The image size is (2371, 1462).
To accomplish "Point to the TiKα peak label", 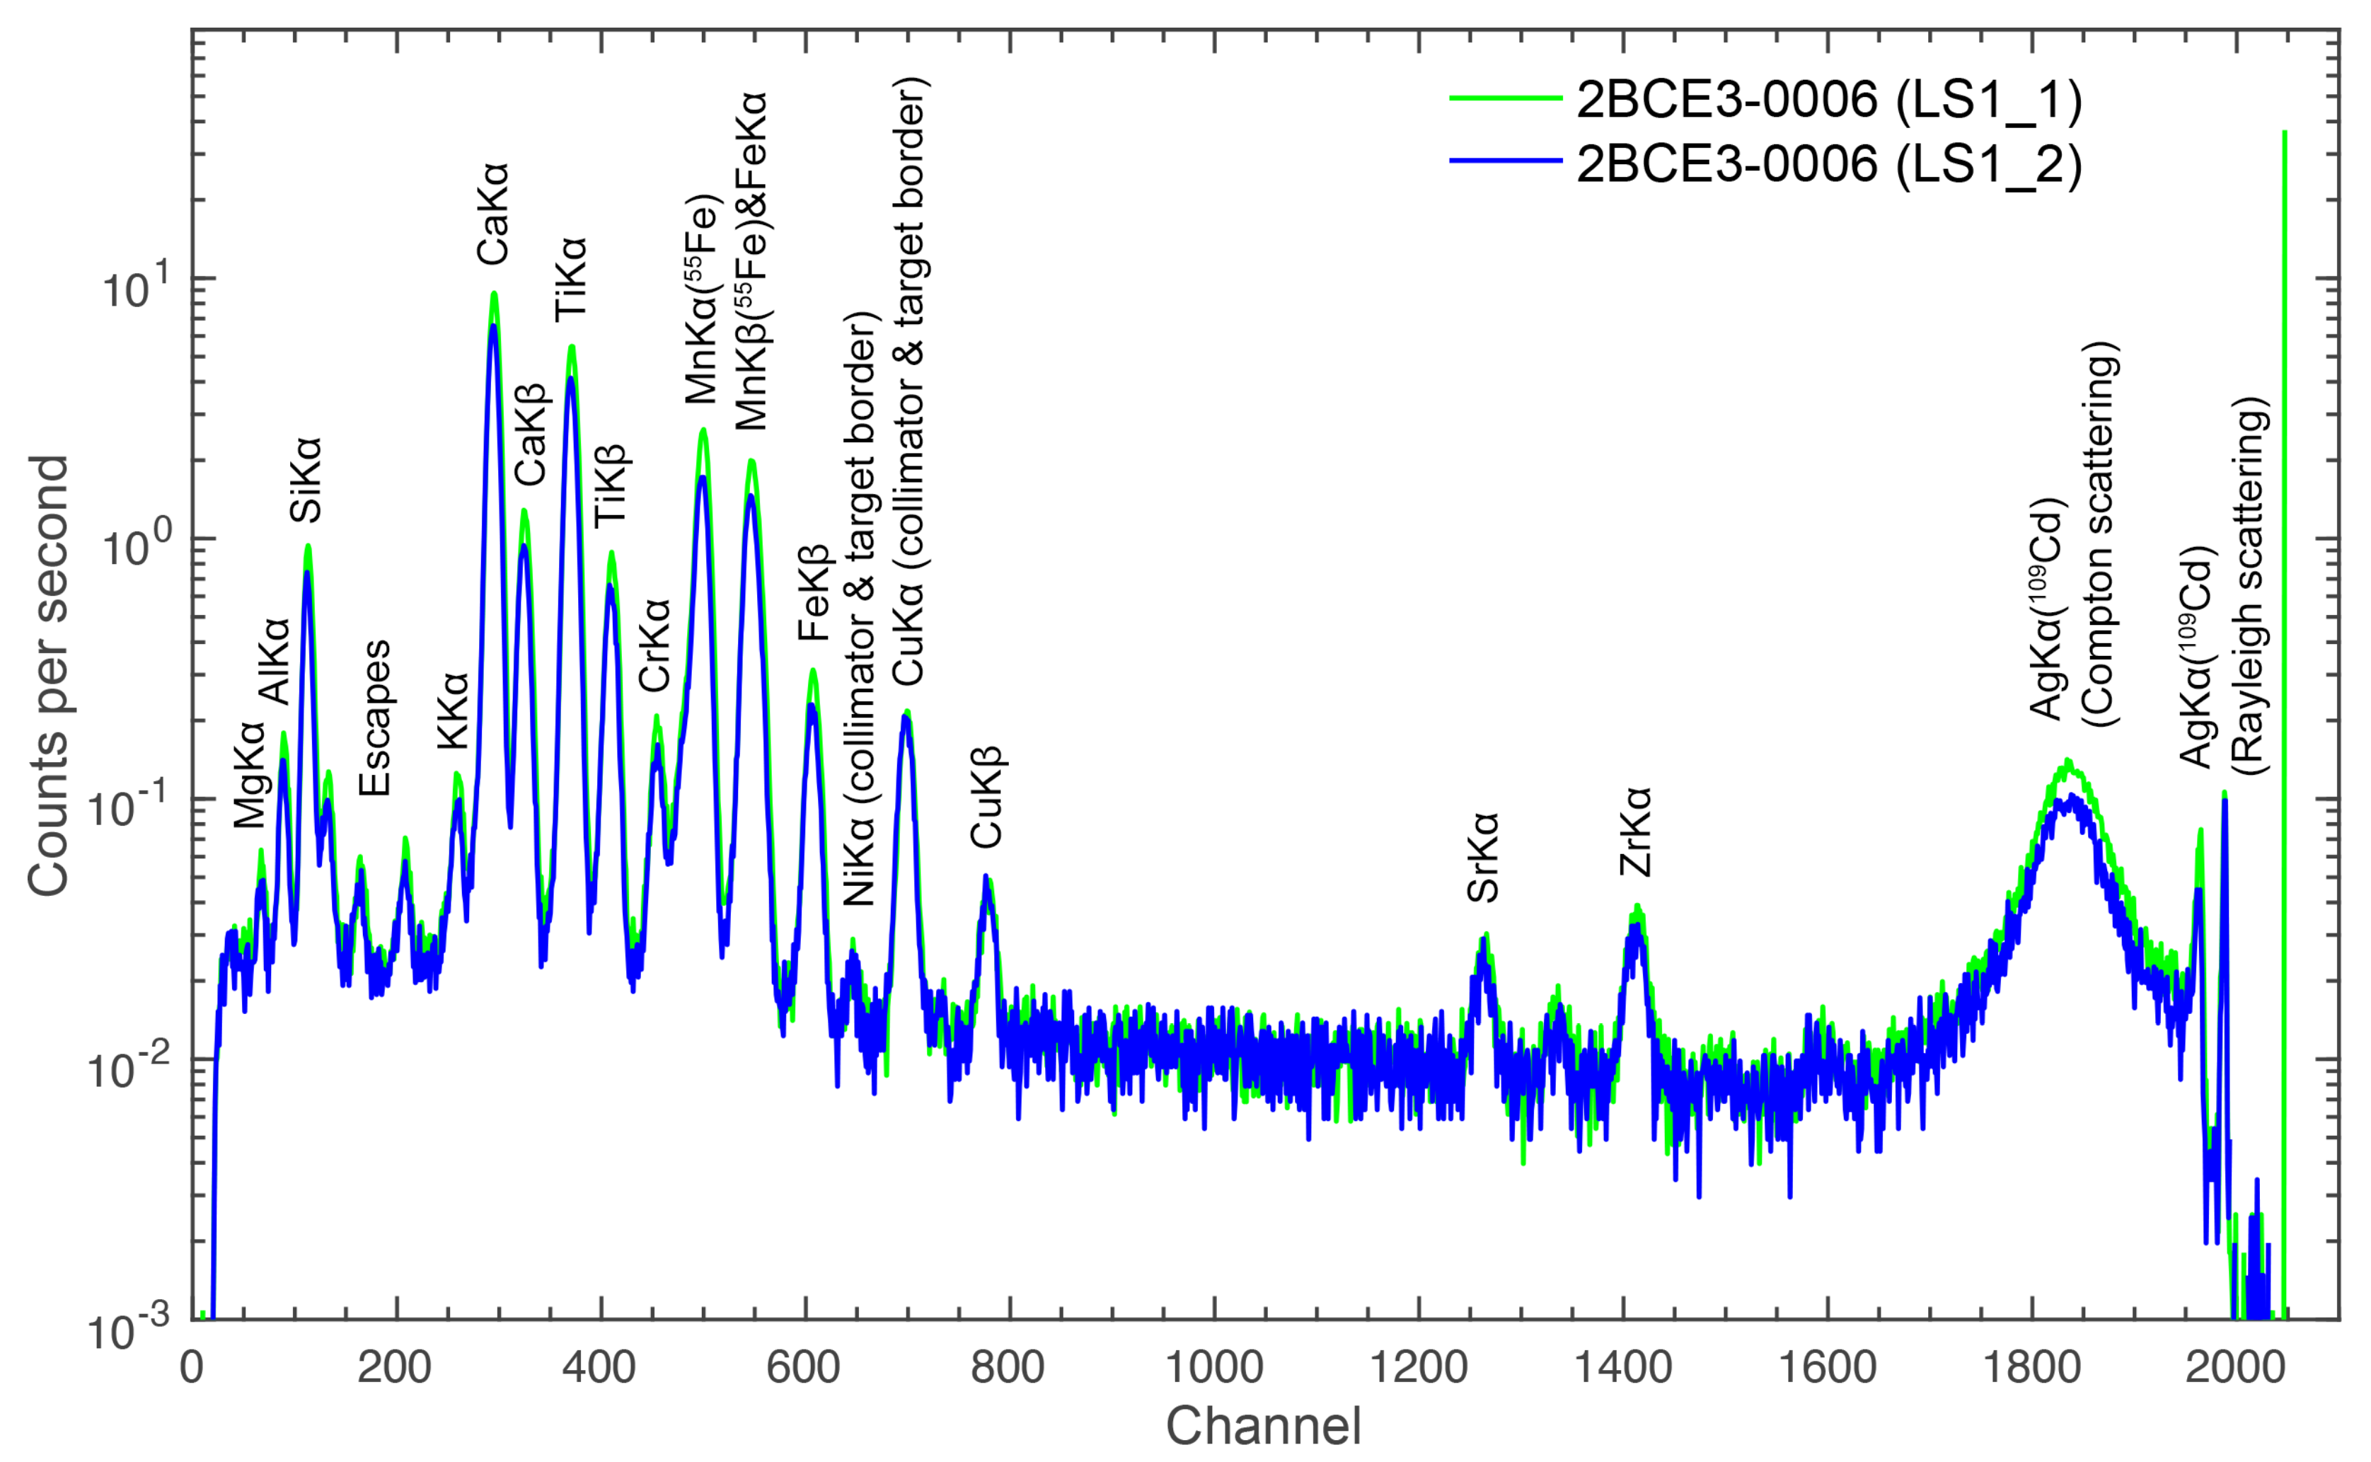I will pos(571,280).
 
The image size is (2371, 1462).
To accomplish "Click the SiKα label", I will pos(306,480).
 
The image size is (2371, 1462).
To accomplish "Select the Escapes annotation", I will pos(375,718).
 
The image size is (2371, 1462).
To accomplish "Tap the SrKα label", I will pos(1483,857).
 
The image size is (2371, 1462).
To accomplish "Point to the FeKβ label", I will pos(814,593).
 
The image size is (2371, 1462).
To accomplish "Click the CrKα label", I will pos(655,645).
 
